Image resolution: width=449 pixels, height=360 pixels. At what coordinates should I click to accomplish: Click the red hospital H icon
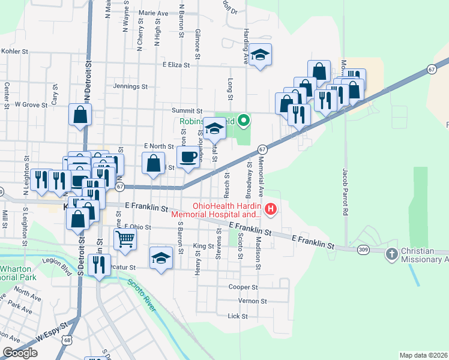click(271, 209)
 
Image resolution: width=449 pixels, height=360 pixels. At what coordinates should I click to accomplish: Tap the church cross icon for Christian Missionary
click(392, 254)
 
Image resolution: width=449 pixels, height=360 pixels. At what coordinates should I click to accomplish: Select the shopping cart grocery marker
click(125, 239)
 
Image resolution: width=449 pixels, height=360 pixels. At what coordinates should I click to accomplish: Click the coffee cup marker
click(189, 157)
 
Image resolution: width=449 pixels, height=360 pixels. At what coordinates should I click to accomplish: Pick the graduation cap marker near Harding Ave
click(260, 55)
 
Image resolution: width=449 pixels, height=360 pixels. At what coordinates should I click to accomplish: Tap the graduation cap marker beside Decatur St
click(160, 258)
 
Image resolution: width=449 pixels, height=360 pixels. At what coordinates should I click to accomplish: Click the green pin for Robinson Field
click(243, 121)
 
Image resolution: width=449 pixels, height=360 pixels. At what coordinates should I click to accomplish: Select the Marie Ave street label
click(153, 13)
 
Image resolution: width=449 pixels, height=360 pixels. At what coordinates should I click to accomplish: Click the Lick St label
click(238, 316)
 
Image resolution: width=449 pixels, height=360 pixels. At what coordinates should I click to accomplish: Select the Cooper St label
click(243, 287)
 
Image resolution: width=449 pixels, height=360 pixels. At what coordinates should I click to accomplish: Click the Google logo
click(20, 353)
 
